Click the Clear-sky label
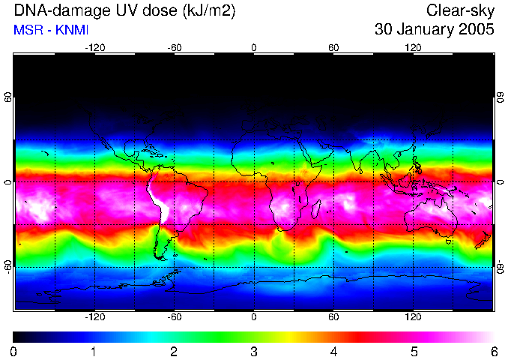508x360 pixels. point(460,11)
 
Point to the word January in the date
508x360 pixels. point(426,30)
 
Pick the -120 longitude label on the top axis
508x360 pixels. point(94,47)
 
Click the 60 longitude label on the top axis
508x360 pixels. point(333,47)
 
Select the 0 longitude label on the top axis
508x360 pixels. point(254,47)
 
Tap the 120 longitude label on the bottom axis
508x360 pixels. point(413,316)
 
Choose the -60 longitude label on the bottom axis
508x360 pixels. point(174,316)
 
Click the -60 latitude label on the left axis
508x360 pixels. point(7,266)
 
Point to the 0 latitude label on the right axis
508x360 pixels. point(500,182)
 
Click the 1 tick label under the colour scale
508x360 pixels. point(94,351)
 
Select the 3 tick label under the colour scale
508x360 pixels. point(253,351)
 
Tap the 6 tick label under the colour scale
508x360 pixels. point(493,351)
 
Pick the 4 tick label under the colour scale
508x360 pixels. point(333,351)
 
